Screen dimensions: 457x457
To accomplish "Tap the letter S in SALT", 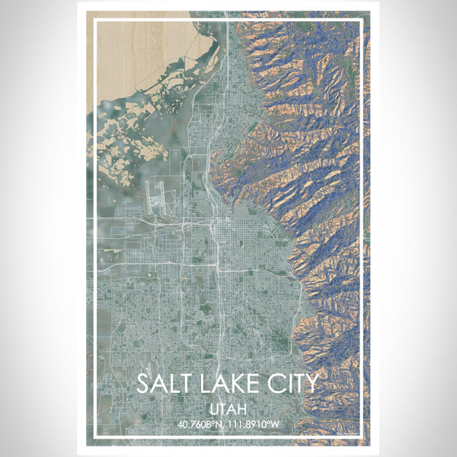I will point(144,384).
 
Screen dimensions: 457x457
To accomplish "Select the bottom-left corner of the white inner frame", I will point(93,438).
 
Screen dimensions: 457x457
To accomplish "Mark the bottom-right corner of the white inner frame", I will point(363,438).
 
